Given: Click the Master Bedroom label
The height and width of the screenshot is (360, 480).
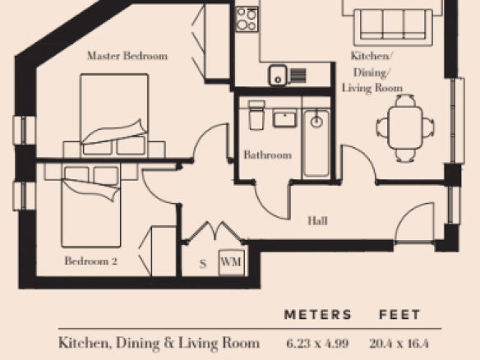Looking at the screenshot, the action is [127, 56].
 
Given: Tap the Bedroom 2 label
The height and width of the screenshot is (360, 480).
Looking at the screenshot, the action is [91, 261].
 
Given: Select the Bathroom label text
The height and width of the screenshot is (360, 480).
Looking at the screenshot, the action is [268, 155].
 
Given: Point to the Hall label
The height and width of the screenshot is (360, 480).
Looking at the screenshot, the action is [317, 221].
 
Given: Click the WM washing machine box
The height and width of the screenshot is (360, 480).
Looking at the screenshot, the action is [232, 263].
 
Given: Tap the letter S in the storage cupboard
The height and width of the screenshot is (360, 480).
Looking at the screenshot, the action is [203, 264].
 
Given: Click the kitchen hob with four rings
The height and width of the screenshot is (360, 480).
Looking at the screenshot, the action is [247, 19].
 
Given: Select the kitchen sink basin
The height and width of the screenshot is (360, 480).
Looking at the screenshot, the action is [278, 76].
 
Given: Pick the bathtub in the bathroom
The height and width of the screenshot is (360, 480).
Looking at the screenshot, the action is [316, 143].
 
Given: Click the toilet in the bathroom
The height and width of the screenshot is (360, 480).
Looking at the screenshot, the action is [256, 115].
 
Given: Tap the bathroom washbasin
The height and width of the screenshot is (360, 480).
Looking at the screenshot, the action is [284, 119].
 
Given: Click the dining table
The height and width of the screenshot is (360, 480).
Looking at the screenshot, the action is [405, 127].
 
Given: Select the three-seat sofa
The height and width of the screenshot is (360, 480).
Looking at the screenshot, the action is [393, 27].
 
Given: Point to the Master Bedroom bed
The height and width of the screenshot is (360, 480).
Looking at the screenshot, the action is [114, 116].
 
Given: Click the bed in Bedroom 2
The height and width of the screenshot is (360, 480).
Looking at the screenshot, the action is [91, 205].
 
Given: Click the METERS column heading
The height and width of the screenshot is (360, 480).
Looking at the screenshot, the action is [318, 315].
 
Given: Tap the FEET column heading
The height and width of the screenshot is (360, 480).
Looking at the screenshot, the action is [399, 315].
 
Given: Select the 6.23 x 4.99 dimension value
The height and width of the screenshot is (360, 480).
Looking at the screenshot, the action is [317, 344].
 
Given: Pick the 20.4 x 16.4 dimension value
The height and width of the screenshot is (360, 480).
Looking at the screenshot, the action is [399, 344].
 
